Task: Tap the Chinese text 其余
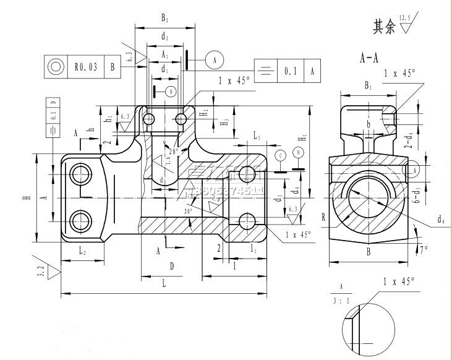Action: [x=381, y=27]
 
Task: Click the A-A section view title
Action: [x=369, y=59]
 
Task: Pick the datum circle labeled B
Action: [x=171, y=92]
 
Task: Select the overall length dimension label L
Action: [x=163, y=282]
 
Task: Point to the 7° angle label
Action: [x=424, y=250]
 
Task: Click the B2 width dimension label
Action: [x=165, y=19]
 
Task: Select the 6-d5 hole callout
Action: [x=434, y=196]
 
